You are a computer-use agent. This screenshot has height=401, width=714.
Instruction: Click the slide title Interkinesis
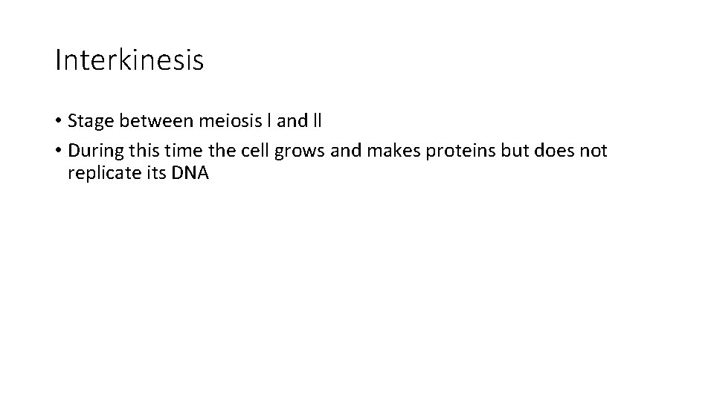[129, 60]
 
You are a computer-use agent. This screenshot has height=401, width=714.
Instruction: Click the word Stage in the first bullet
[88, 121]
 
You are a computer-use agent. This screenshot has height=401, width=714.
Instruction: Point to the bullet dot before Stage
[58, 121]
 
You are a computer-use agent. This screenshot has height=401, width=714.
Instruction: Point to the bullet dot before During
[58, 151]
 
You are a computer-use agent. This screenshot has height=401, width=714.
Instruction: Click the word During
[92, 151]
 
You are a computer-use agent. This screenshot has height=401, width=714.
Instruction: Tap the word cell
[254, 151]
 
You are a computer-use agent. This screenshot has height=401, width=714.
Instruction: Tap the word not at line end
[593, 151]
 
